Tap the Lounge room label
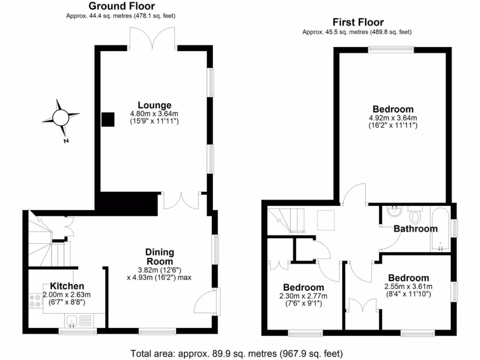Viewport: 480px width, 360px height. (154, 105)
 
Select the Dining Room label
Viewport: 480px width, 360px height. (159, 256)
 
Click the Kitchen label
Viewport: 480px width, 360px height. (67, 286)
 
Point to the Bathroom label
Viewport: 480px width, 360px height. (415, 229)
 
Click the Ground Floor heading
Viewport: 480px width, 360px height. (121, 6)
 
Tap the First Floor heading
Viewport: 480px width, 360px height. (358, 22)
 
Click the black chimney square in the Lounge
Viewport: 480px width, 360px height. (108, 119)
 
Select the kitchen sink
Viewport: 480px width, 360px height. (72, 322)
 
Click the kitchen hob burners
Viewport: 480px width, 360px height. (35, 300)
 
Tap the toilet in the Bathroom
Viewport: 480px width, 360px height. (414, 216)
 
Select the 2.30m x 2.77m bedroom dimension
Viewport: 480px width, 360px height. (303, 296)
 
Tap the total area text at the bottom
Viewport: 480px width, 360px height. (236, 353)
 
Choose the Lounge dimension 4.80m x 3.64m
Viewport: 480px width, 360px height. (154, 113)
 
